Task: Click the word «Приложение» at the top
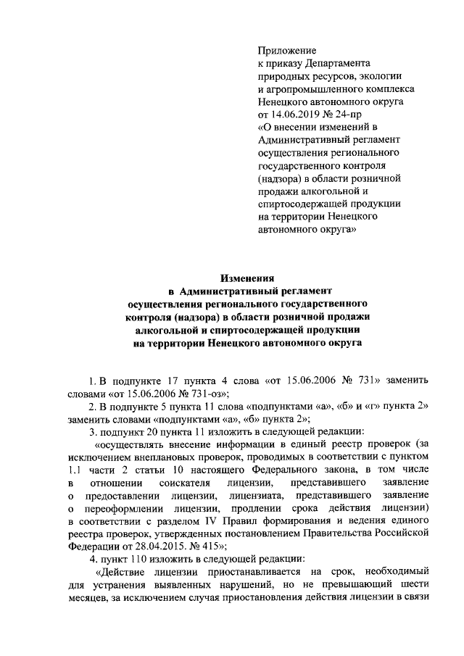288,50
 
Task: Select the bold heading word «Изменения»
247,277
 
